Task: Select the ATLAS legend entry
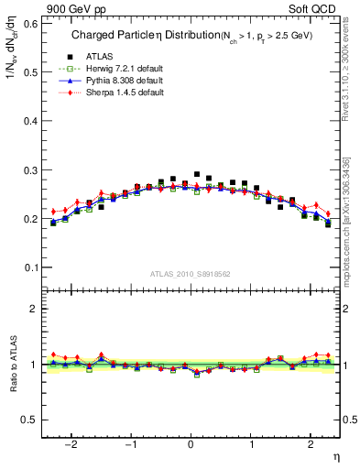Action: [96, 57]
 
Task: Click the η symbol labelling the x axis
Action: [335, 456]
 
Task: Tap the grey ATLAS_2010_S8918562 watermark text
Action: [191, 274]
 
